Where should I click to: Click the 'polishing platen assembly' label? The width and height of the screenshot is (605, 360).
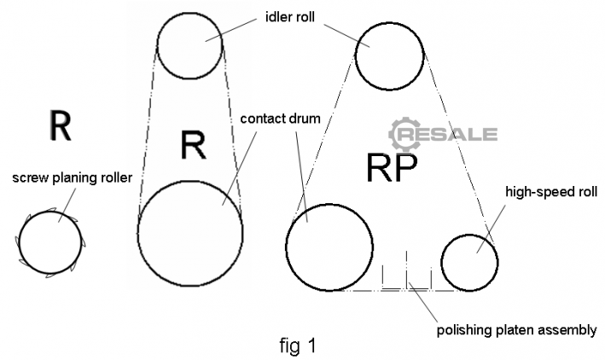[515, 328]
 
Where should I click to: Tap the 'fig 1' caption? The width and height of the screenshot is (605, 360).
[300, 345]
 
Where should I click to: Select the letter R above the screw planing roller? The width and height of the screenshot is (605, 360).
[59, 125]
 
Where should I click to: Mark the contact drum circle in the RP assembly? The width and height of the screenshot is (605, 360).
[329, 247]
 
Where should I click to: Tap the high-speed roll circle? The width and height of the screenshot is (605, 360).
[469, 260]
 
